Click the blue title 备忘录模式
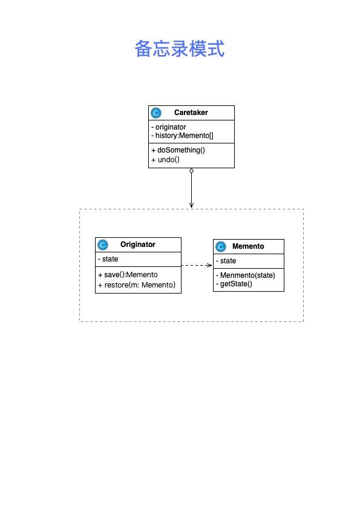coord(180,48)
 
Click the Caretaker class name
coord(191,113)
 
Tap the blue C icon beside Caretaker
coord(156,113)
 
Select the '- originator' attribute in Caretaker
coord(168,127)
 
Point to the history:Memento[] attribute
coord(182,136)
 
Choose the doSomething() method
coord(178,150)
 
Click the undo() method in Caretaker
coord(165,160)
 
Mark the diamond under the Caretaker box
coord(191,171)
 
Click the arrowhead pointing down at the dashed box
coord(191,205)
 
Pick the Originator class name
coord(137,245)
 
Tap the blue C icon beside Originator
coord(103,245)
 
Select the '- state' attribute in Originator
coord(108,259)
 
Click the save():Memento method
coord(128,275)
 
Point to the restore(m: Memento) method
coord(136,285)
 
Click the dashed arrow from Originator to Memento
coord(197,265)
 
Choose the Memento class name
coord(248,246)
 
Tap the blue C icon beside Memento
coord(220,247)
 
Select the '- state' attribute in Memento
coord(226,261)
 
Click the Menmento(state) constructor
coord(246,275)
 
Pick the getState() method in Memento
coord(234,284)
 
